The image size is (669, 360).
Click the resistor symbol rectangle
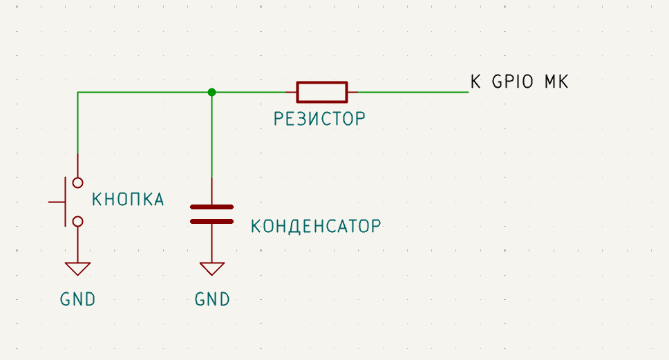pos(322,92)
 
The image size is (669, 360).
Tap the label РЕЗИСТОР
pos(319,120)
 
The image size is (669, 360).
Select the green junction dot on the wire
pos(211,92)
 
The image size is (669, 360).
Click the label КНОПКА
pos(129,200)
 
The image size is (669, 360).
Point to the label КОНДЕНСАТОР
pos(316,226)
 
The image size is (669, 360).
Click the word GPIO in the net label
pos(512,82)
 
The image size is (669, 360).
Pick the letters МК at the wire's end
pos(556,82)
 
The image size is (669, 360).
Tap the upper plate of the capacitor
pos(211,207)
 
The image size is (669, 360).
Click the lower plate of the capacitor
pos(211,221)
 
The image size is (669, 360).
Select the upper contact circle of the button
pos(78,182)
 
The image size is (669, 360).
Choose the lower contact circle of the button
pos(78,221)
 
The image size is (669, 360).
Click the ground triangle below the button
pos(78,269)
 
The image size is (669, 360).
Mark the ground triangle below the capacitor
pos(211,269)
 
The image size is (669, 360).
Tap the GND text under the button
pos(78,300)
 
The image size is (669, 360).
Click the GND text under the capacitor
pos(212,300)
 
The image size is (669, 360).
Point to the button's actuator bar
pos(66,202)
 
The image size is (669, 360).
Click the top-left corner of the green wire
pos(78,92)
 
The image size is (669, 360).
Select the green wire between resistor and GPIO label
pos(408,92)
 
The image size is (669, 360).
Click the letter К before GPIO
pos(475,82)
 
